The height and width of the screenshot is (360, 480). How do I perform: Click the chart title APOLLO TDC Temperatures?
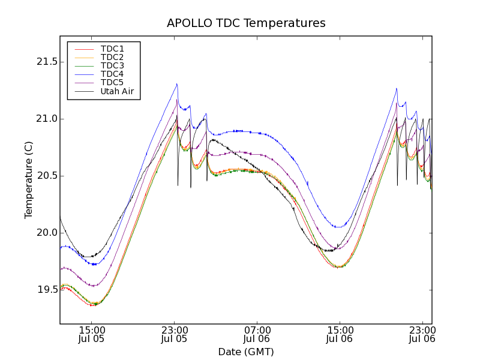click(246, 23)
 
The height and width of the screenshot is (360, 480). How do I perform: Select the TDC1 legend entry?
click(112, 49)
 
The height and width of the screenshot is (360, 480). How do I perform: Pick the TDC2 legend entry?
click(112, 57)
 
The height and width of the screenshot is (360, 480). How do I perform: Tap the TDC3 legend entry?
click(112, 65)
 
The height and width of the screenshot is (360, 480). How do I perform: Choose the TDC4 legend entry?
click(112, 74)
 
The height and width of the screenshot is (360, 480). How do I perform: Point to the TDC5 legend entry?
click(112, 83)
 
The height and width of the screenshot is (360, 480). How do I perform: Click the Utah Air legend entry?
click(116, 92)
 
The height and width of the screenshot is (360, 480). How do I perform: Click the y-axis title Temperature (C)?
click(29, 179)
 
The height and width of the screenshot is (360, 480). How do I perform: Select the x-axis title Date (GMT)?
click(246, 352)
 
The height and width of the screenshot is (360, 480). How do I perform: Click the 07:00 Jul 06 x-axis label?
click(257, 334)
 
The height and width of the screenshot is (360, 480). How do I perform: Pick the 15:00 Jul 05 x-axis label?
click(91, 334)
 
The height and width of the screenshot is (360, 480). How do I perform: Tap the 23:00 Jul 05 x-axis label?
click(174, 334)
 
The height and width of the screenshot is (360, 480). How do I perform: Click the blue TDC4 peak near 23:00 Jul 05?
click(177, 84)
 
